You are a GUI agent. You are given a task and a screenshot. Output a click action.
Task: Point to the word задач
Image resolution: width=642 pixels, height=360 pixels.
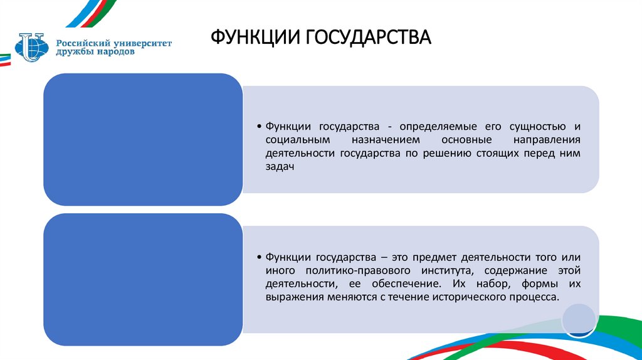pyautogui.click(x=279, y=167)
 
